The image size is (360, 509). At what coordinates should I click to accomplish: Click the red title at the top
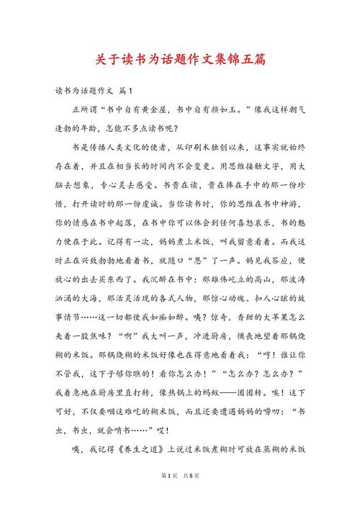coord(180,57)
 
